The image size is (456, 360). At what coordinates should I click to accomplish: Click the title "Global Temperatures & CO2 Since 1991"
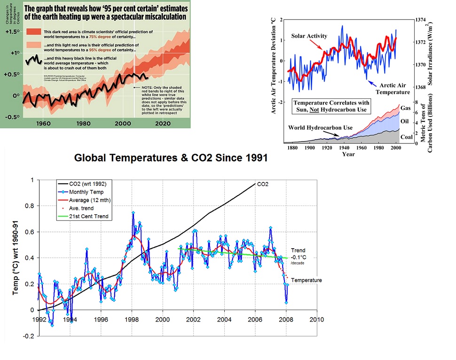pos(171,158)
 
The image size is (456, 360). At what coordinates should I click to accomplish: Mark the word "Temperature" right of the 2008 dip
pos(307,280)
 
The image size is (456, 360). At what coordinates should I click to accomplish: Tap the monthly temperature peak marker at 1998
pos(133,213)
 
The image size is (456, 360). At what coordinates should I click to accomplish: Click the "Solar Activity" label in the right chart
pos(309,36)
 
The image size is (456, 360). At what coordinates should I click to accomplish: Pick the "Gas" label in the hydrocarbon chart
pos(405,108)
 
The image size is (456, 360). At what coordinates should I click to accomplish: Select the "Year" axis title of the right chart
pos(348,154)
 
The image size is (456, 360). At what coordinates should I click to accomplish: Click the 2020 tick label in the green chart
pos(162,124)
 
